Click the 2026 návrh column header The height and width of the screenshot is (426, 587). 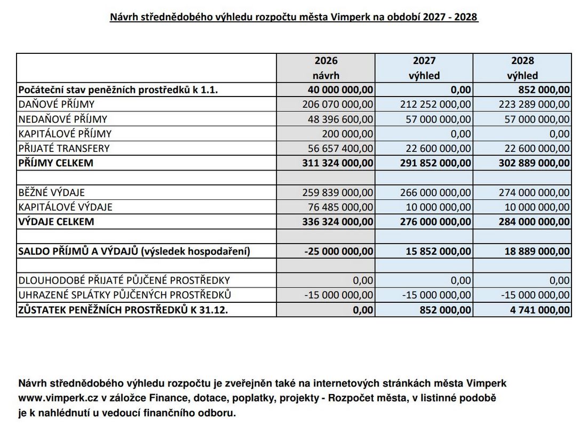(326, 68)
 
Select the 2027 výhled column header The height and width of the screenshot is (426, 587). (424, 68)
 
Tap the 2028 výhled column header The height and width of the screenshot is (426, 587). (522, 68)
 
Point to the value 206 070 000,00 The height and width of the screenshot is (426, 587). (338, 105)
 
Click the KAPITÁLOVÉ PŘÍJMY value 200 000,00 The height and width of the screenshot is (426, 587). (347, 134)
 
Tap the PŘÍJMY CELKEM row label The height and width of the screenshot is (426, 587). (55, 163)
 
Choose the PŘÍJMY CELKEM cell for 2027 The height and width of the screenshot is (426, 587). (435, 163)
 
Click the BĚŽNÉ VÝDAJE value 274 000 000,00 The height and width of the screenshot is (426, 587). (534, 192)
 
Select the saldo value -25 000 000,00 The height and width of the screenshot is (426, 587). (339, 251)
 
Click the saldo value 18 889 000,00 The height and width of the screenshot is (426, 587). (537, 251)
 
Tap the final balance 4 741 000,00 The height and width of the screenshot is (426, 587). (540, 309)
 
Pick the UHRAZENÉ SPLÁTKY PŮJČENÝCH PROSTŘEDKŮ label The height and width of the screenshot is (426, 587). (124, 295)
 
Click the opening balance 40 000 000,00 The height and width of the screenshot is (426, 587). (341, 90)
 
